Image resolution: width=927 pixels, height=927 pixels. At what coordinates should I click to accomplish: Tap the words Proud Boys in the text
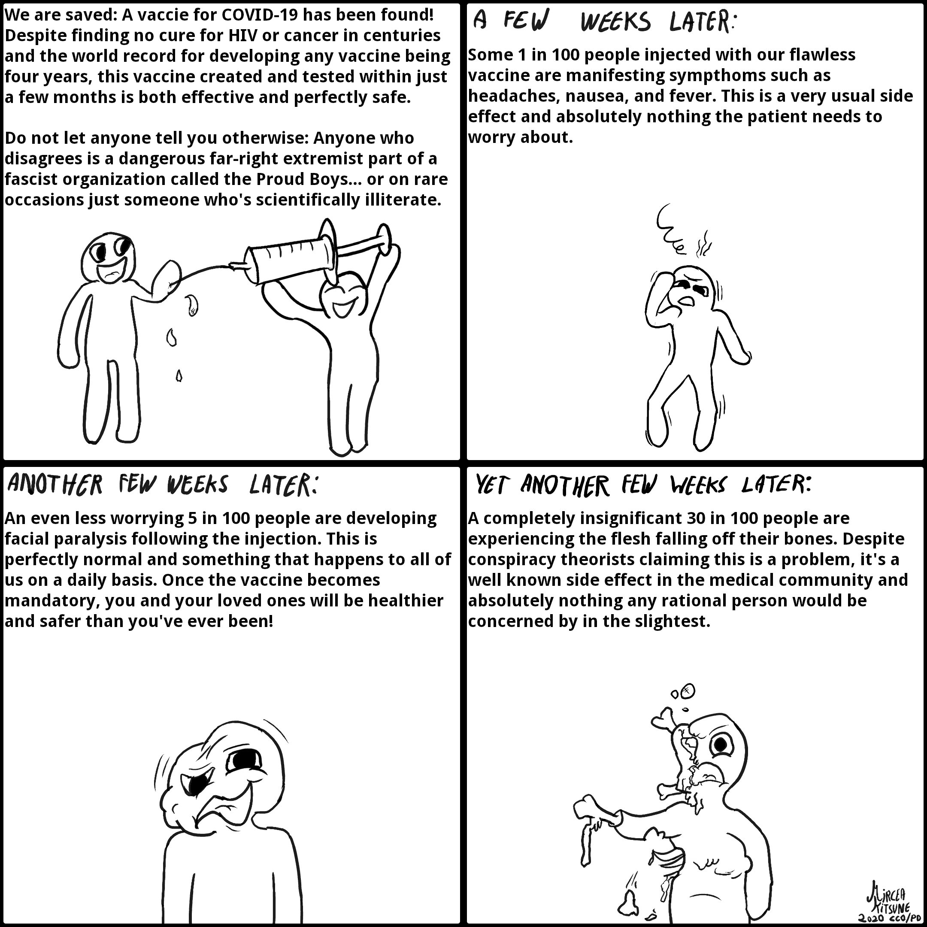302,179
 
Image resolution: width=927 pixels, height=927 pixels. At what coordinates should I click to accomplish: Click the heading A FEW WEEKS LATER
605,21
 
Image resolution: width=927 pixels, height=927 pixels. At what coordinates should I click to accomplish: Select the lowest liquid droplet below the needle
179,375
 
